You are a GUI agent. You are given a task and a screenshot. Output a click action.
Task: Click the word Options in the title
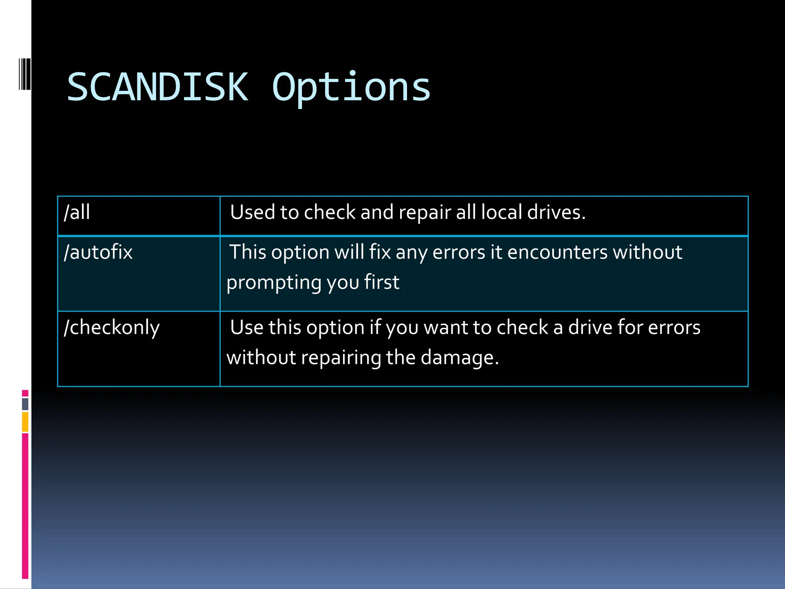click(351, 88)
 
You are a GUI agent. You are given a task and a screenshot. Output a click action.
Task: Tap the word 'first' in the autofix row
click(381, 282)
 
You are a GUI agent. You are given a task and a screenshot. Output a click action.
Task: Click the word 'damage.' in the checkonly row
click(460, 358)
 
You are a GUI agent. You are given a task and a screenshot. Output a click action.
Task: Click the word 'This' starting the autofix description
click(248, 252)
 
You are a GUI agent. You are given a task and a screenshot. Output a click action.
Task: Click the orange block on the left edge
click(25, 421)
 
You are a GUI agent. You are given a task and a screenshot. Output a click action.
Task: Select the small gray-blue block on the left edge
click(25, 404)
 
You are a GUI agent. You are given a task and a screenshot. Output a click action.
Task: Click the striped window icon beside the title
click(25, 74)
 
